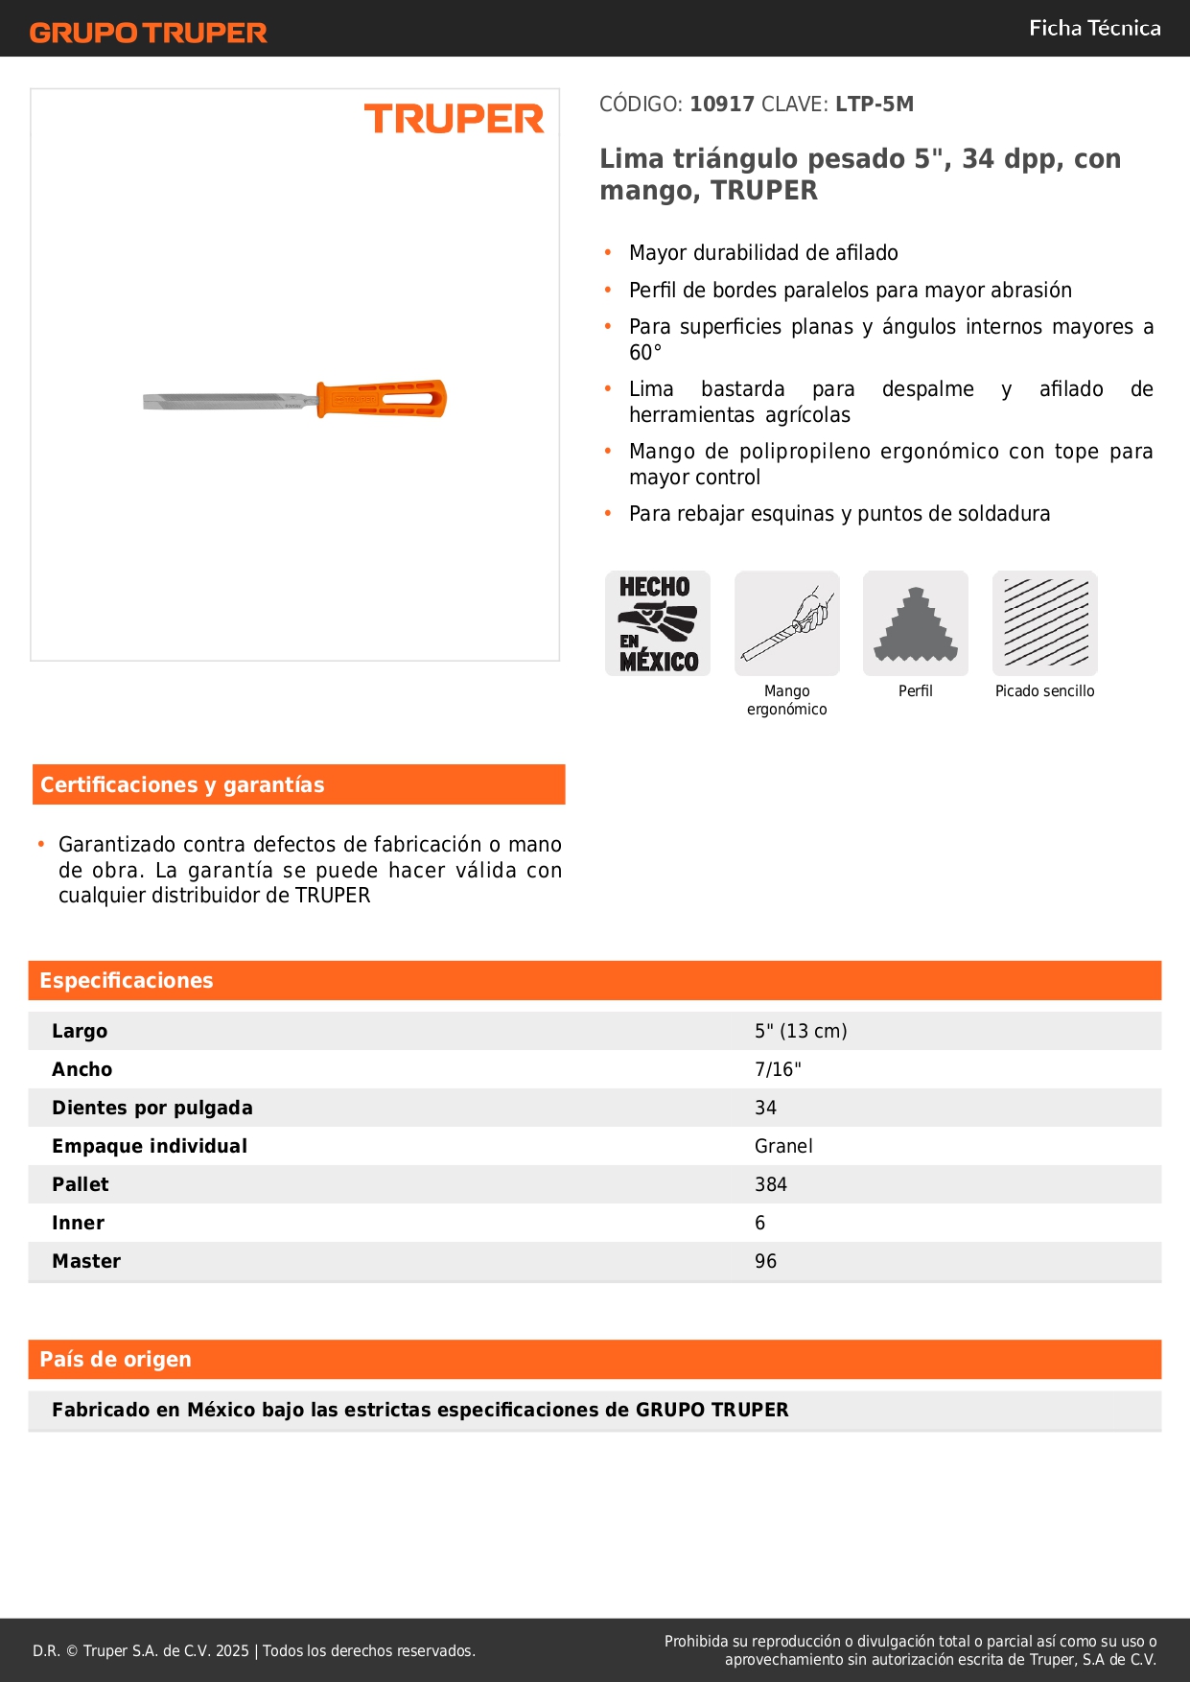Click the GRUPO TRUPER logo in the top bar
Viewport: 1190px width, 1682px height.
(x=148, y=33)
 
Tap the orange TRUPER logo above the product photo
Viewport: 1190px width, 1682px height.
(x=454, y=119)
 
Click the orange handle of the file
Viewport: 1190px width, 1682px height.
(x=382, y=399)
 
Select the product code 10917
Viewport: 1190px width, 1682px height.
(x=722, y=104)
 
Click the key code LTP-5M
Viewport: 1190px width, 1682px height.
(x=874, y=104)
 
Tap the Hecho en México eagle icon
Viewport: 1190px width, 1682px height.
(x=658, y=623)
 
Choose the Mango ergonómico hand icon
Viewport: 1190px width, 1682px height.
(x=787, y=623)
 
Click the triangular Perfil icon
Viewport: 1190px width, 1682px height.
(x=916, y=623)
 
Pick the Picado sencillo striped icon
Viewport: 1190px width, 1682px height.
(x=1045, y=623)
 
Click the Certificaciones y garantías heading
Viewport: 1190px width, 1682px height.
(x=182, y=784)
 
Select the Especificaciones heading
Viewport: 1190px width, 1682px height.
(x=127, y=980)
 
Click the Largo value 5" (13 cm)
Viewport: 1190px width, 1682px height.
(x=801, y=1031)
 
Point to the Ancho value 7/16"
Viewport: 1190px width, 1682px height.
(x=778, y=1069)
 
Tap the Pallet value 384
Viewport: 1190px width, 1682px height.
(x=771, y=1184)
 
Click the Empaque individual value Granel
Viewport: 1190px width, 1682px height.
(x=783, y=1146)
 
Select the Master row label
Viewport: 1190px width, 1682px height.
(x=86, y=1261)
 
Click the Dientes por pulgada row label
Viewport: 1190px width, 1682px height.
(x=152, y=1108)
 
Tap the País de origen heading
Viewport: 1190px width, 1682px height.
(x=115, y=1359)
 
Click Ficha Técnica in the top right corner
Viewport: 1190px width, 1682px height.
(x=1094, y=28)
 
